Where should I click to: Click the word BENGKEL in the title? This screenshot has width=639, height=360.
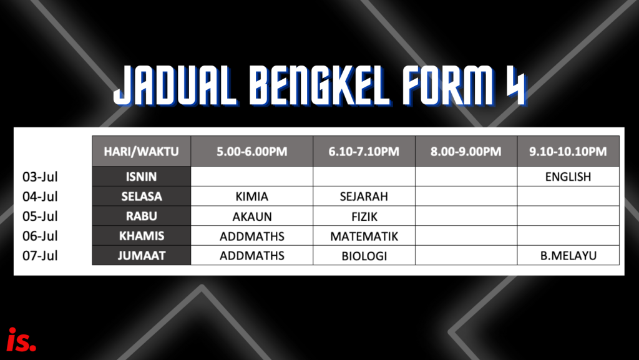[320, 86]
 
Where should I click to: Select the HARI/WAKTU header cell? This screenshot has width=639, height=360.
[142, 151]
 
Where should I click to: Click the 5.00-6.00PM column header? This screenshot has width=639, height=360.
[252, 151]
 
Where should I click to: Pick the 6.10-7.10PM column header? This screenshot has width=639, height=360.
[364, 151]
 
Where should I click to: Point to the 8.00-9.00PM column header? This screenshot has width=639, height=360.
[466, 151]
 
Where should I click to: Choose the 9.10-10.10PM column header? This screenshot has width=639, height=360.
[568, 151]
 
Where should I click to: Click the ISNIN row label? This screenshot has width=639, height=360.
[142, 177]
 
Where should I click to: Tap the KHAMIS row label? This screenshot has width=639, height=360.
[142, 236]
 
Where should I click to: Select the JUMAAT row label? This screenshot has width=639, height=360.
[142, 255]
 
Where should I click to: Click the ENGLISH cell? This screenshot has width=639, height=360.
[568, 177]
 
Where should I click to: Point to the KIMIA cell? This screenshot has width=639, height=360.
[252, 197]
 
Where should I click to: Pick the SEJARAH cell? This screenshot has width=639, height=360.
[364, 197]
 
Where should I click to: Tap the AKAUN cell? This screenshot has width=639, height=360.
[252, 216]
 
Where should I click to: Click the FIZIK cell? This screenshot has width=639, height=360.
[364, 216]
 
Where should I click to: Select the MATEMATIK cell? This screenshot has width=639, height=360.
[364, 236]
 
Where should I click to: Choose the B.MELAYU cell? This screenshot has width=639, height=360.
[568, 255]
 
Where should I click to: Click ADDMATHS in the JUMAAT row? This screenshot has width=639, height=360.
[252, 255]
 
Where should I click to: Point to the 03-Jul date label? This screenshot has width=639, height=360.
[40, 177]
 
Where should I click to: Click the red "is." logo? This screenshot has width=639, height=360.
[22, 339]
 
